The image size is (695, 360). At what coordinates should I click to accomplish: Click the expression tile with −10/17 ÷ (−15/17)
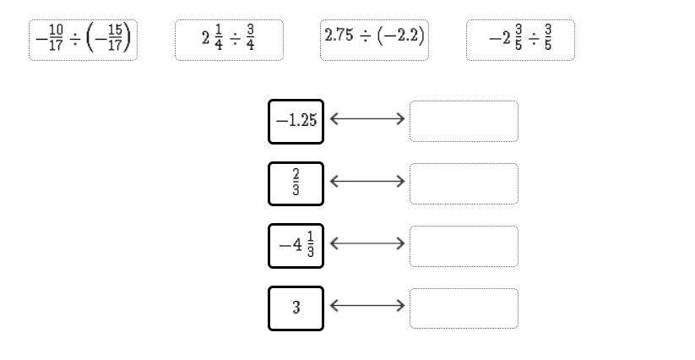pyautogui.click(x=83, y=40)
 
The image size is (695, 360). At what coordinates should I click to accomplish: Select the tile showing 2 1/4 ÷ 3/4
pyautogui.click(x=229, y=40)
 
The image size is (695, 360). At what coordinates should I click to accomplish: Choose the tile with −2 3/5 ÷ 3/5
pyautogui.click(x=520, y=40)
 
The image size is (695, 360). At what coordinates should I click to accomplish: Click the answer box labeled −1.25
pyautogui.click(x=296, y=121)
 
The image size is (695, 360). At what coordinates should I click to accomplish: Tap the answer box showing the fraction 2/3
pyautogui.click(x=296, y=183)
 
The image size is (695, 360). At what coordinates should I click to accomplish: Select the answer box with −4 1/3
pyautogui.click(x=296, y=246)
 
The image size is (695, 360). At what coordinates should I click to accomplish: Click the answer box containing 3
pyautogui.click(x=296, y=308)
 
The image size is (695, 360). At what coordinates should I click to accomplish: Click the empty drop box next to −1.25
pyautogui.click(x=464, y=121)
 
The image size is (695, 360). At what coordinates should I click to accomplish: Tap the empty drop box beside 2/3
pyautogui.click(x=464, y=183)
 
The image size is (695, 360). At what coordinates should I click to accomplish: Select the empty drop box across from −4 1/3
pyautogui.click(x=464, y=246)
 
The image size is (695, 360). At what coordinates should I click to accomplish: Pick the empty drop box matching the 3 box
pyautogui.click(x=464, y=308)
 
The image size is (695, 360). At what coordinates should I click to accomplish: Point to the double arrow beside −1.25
pyautogui.click(x=367, y=119)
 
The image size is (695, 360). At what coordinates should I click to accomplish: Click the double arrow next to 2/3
pyautogui.click(x=367, y=181)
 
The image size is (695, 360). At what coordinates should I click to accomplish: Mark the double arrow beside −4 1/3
pyautogui.click(x=367, y=243)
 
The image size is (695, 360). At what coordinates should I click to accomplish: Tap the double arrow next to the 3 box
pyautogui.click(x=367, y=306)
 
